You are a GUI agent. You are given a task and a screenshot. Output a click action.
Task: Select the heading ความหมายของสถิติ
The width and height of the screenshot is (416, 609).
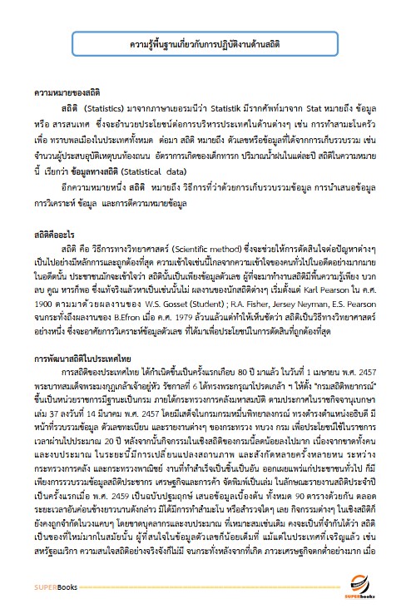[x=62, y=95]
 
